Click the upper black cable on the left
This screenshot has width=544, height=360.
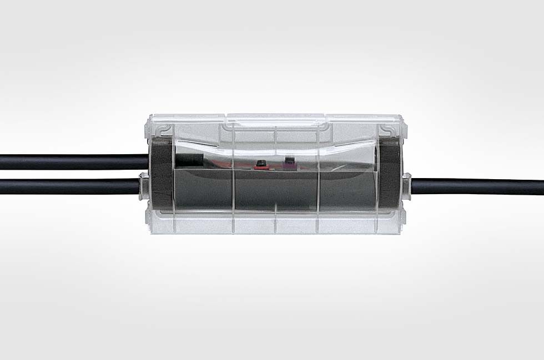pyautogui.click(x=67, y=162)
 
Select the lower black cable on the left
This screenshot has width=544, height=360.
pyautogui.click(x=67, y=186)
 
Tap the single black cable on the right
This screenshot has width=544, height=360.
pyautogui.click(x=477, y=186)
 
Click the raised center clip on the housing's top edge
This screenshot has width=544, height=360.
pyautogui.click(x=276, y=118)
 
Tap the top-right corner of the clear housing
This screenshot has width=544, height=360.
pyautogui.click(x=404, y=117)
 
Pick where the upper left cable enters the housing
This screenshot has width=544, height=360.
pyautogui.click(x=149, y=162)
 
